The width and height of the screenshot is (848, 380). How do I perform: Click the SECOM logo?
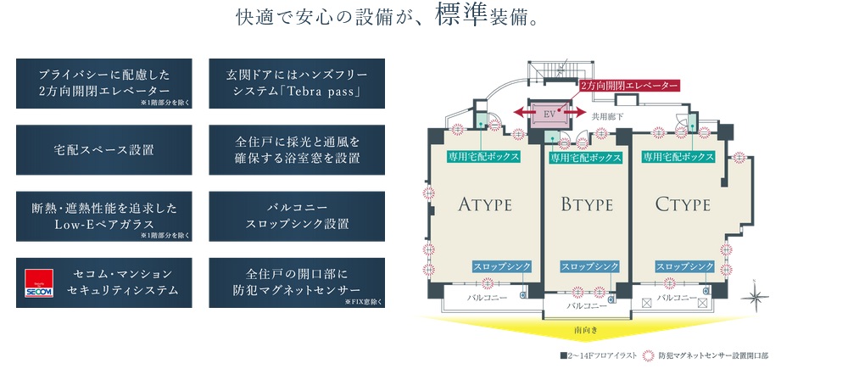38,283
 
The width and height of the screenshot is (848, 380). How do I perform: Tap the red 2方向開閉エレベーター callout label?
629,87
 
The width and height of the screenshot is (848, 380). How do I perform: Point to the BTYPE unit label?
588,204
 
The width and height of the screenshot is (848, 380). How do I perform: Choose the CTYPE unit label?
683,204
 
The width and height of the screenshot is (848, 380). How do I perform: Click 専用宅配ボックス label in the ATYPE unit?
484,156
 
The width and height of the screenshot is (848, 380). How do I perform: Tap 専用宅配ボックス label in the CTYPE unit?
678,156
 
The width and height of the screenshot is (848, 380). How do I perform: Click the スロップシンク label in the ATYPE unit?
502,266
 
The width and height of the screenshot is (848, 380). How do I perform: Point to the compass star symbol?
756,298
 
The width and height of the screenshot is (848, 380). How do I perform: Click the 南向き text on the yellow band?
585,328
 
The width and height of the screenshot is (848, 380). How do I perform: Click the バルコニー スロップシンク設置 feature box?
297,216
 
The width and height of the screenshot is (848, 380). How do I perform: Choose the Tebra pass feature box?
297,83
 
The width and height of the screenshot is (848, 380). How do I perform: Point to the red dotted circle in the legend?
650,356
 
